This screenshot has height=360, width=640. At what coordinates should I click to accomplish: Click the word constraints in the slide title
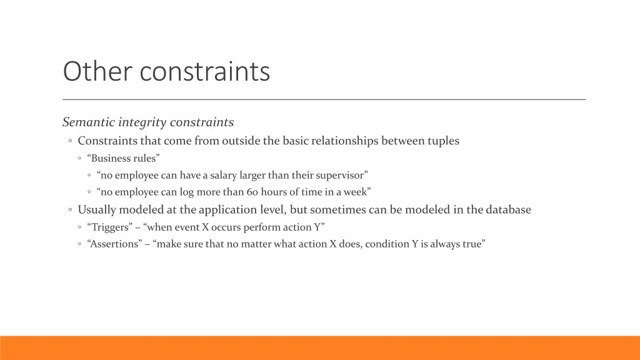point(204,71)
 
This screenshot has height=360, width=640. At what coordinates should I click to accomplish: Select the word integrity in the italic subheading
point(139,122)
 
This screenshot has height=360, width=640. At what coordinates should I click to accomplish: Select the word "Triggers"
point(109,227)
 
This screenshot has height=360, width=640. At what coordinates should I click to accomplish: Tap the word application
point(229,210)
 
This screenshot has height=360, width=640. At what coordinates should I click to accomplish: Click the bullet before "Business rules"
point(81,159)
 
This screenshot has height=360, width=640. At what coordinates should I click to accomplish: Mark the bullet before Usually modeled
point(71,211)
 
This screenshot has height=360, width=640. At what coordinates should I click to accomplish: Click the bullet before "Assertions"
point(81,244)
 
